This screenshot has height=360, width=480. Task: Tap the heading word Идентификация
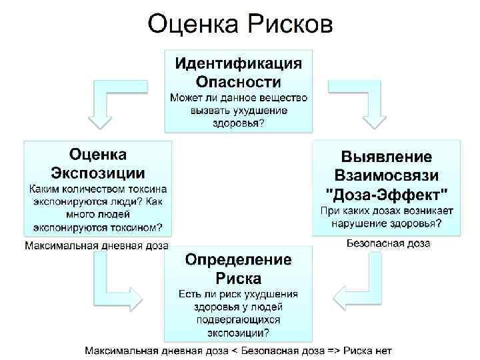click(239, 64)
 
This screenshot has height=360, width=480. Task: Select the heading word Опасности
click(239, 82)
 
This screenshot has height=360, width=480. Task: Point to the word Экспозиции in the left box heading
click(98, 173)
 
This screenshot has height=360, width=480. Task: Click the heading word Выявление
click(387, 157)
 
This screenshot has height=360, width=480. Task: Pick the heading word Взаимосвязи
click(387, 175)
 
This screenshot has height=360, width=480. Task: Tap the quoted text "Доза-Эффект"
click(387, 194)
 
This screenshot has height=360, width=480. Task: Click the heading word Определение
click(239, 259)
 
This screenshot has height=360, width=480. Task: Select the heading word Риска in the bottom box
click(239, 278)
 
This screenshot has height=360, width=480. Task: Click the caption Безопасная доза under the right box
click(389, 244)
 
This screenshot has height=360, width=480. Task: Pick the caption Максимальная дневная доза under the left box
click(97, 245)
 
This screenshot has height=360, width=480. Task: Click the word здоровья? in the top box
click(239, 123)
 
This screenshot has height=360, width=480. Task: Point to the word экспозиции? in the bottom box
click(239, 333)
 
